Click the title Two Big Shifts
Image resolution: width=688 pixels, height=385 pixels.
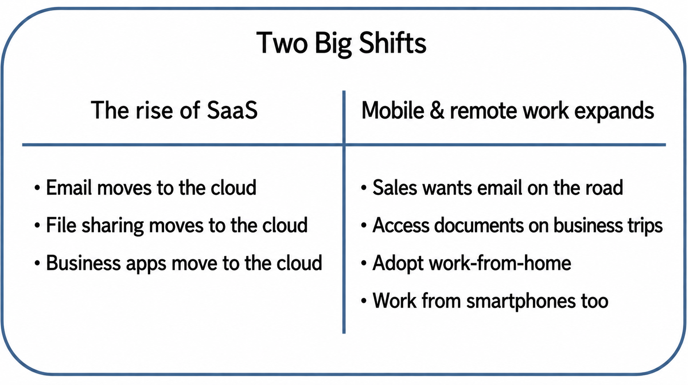341,44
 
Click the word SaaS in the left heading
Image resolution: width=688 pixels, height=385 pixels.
232,110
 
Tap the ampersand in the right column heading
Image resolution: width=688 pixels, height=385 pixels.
437,110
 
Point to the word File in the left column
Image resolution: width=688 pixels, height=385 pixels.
61,225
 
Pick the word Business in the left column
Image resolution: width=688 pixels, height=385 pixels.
83,263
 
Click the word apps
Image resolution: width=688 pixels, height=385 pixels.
146,264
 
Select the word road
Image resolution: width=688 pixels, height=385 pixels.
604,188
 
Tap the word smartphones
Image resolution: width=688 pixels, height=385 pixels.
521,301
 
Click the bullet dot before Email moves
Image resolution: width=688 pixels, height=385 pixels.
37,188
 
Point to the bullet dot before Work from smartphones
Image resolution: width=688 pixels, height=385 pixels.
363,301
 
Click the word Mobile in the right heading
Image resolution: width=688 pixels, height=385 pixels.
393,110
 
